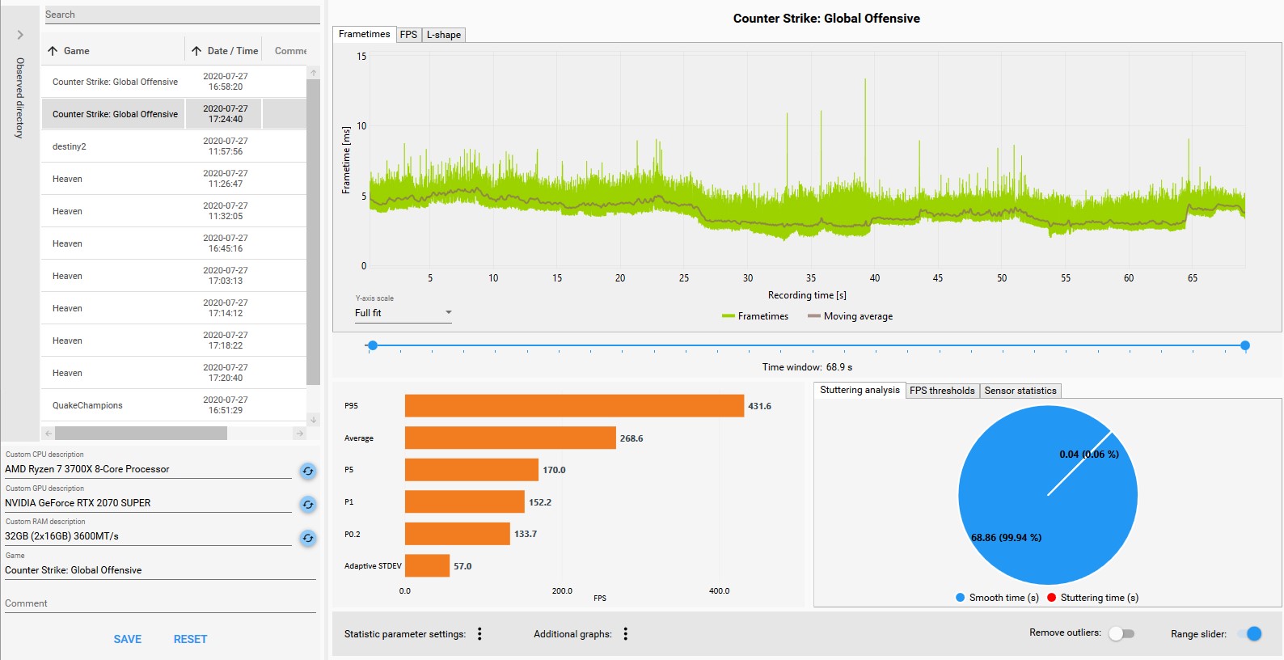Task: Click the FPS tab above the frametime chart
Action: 408,35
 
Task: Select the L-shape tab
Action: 444,35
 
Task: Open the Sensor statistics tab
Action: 1020,391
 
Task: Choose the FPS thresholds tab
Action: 942,391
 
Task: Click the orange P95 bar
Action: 574,406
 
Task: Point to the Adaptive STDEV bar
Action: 427,566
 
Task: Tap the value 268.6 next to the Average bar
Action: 631,438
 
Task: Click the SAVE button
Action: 128,639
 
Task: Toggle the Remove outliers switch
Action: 1121,633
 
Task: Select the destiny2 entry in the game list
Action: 70,146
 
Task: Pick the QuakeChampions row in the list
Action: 87,405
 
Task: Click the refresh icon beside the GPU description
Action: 308,505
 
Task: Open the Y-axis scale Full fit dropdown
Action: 403,313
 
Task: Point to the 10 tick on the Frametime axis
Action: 361,126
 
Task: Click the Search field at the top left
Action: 181,15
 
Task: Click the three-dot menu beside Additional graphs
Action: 626,634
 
